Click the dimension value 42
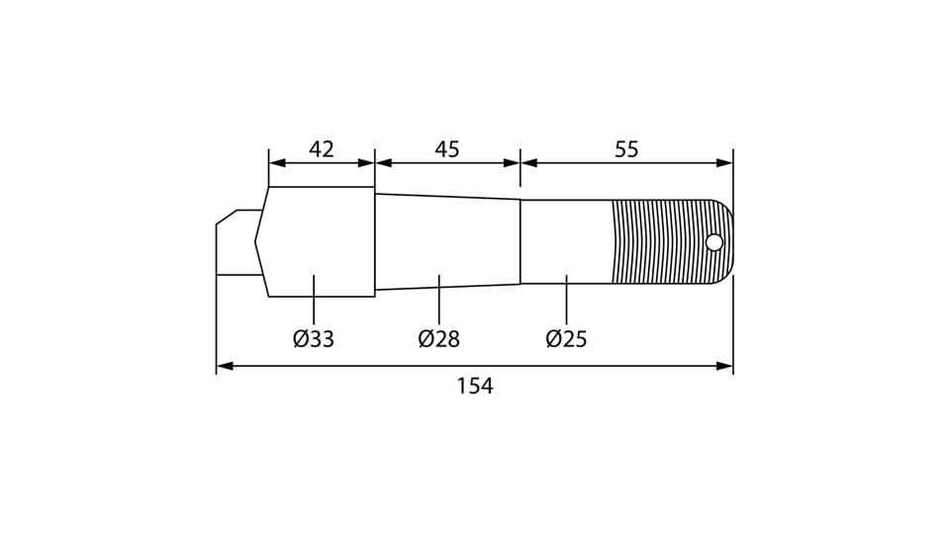coord(321,149)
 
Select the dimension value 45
coord(447,149)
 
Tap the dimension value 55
coord(626,149)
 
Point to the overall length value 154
coord(475,386)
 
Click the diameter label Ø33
coord(314,338)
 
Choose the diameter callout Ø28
coord(438,338)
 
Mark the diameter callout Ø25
coord(566,338)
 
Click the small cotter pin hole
coord(714,243)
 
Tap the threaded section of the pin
coord(665,242)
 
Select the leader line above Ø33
coord(314,299)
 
